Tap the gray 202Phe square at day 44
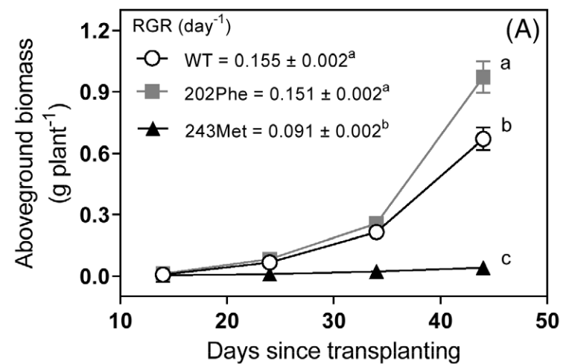point(483,77)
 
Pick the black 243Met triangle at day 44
point(483,268)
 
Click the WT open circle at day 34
point(376,232)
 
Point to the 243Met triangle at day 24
point(270,275)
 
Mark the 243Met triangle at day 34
point(376,272)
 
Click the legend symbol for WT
point(153,59)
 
